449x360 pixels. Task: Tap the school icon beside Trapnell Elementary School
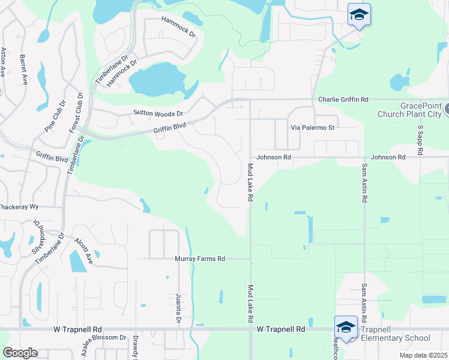coord(346,326)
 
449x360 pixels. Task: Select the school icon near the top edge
coord(359,14)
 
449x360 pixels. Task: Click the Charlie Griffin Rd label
coord(343,99)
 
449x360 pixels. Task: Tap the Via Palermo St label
coord(312,128)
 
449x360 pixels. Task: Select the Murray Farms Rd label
coord(200,259)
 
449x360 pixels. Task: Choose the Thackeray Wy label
coord(19,206)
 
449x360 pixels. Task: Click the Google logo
coord(20,353)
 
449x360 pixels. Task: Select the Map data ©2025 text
coord(423,355)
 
